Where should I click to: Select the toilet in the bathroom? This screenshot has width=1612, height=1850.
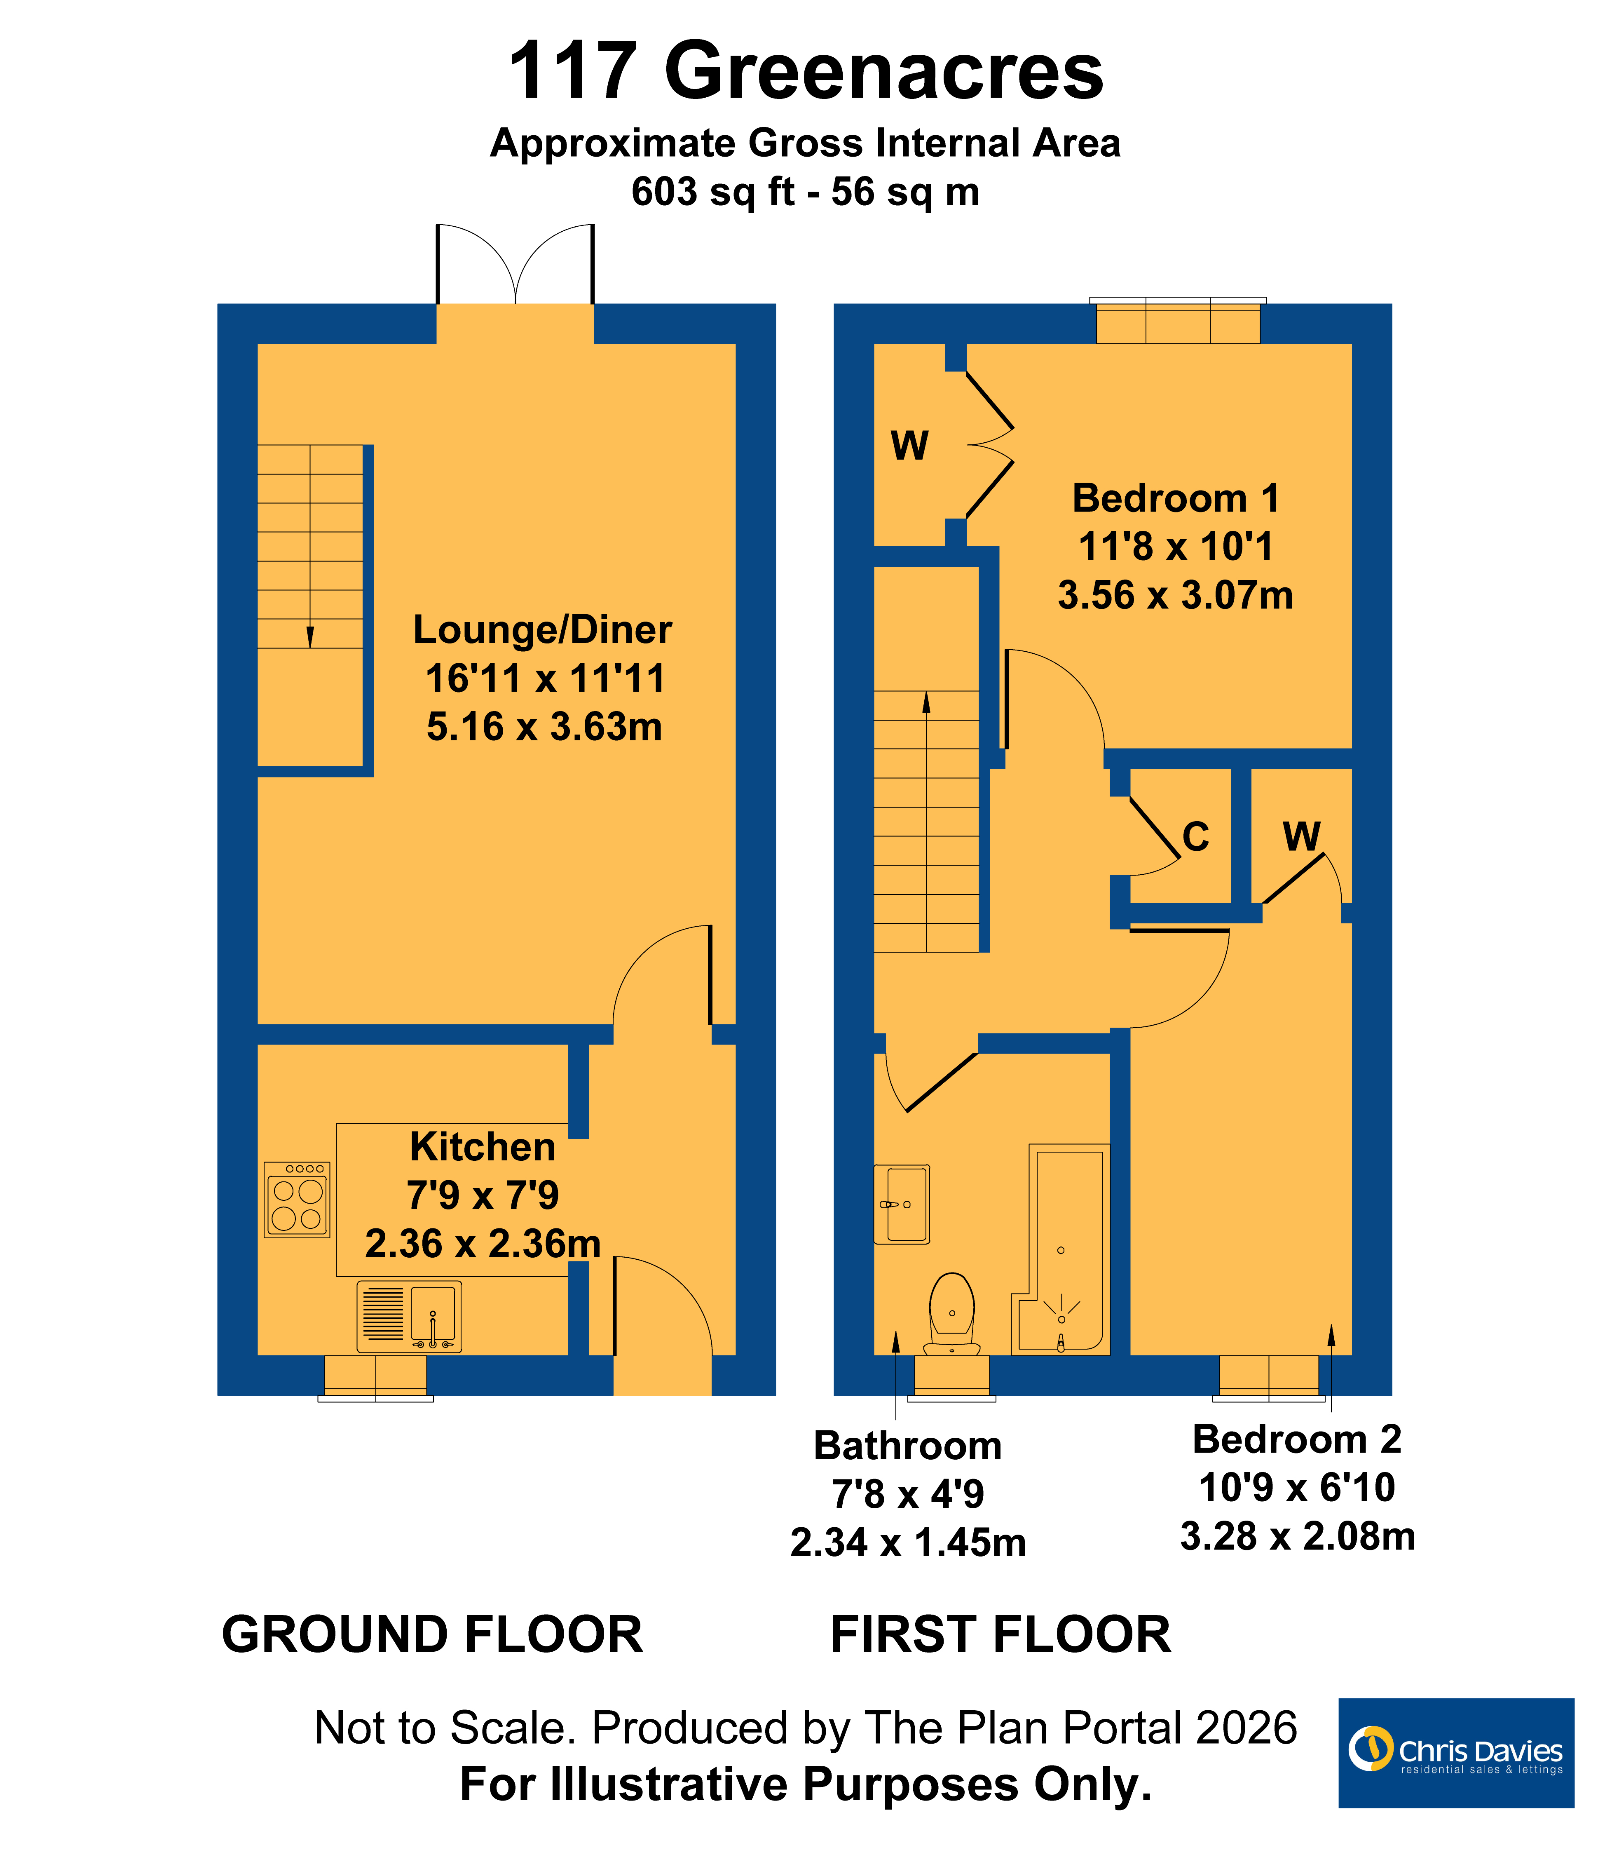click(x=952, y=1314)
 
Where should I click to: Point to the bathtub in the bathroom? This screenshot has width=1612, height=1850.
click(x=1061, y=1250)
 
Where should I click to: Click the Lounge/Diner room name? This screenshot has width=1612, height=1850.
click(x=542, y=630)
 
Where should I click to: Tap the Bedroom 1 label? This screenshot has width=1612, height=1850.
click(x=1176, y=498)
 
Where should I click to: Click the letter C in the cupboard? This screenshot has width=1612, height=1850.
click(x=1195, y=837)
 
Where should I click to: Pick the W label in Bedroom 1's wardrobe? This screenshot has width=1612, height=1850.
click(x=909, y=446)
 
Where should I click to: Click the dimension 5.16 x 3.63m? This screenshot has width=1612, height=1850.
click(x=544, y=727)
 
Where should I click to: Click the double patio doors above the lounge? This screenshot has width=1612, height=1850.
click(x=515, y=265)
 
